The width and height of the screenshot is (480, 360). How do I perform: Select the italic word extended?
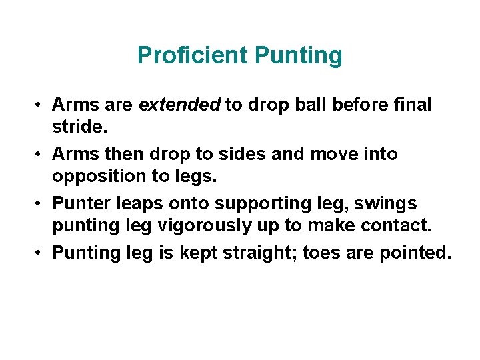pos(179,105)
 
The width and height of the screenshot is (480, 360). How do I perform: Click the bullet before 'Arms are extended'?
pos(40,105)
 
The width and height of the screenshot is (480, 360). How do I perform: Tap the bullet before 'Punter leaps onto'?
pos(40,204)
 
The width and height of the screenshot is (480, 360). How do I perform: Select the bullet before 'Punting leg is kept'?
pos(40,253)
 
